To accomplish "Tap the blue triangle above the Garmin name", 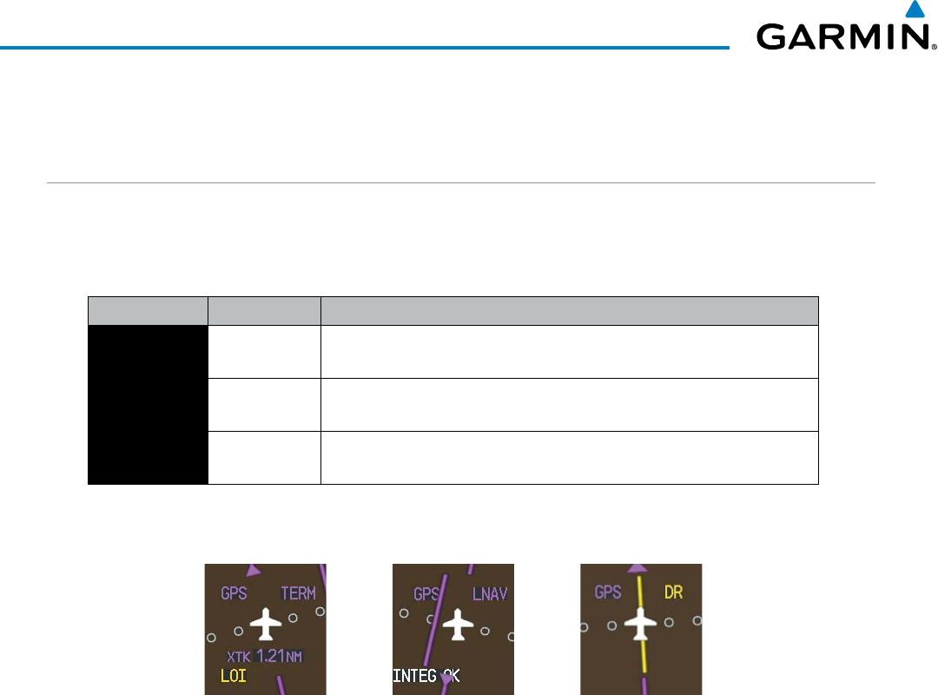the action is pos(914,10).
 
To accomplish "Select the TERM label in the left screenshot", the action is pos(298,593).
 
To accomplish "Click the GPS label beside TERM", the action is pos(234,593).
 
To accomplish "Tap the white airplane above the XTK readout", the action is pos(266,624).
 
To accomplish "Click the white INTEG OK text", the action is pos(426,675).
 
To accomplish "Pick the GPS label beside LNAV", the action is pos(426,594).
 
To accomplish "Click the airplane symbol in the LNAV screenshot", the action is pos(456,624).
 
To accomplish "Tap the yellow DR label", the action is pos(673,592).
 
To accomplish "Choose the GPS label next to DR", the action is pos(608,592).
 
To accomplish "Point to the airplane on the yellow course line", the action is pos(641,623).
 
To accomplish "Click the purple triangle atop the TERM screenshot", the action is pos(254,570).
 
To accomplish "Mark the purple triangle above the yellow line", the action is pos(638,567).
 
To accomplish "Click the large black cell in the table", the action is pos(148,404).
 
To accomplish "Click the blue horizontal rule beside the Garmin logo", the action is pos(365,47).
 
